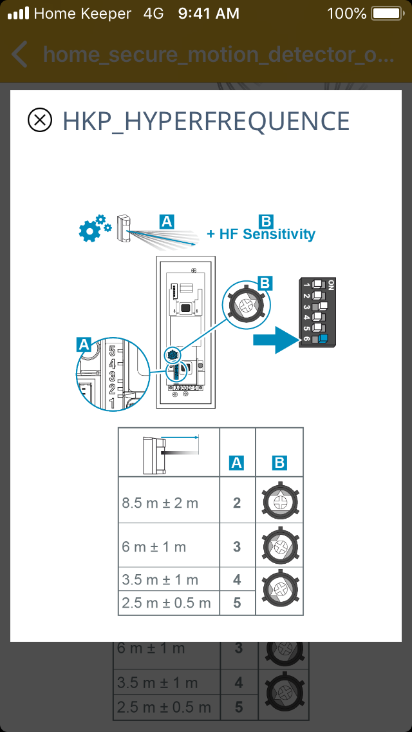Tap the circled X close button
click(x=40, y=120)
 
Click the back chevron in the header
click(x=20, y=54)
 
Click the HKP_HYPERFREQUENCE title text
click(x=206, y=121)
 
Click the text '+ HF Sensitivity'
click(x=261, y=234)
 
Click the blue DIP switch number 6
click(x=322, y=338)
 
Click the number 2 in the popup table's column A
click(x=237, y=503)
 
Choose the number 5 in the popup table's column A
click(x=237, y=602)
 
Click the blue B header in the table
click(x=279, y=462)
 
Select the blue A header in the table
click(x=237, y=462)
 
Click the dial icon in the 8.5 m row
click(x=279, y=501)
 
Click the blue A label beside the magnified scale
click(x=84, y=345)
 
